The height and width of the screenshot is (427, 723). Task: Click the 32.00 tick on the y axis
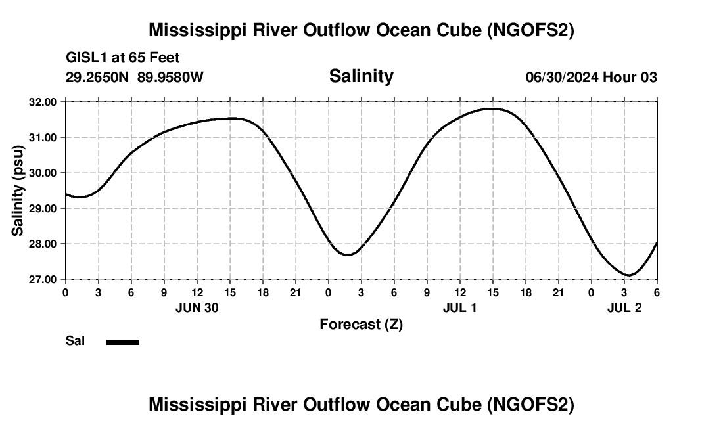tap(43, 102)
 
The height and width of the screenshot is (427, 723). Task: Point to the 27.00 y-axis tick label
tap(43, 279)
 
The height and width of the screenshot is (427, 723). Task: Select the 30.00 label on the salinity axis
tap(43, 173)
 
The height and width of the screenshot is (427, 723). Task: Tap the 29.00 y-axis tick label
tap(43, 208)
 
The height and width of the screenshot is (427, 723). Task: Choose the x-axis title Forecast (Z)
tap(361, 324)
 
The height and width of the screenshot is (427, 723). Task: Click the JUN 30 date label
tap(197, 307)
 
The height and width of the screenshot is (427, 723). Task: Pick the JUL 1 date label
tap(459, 307)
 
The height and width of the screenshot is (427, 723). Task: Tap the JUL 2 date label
tap(624, 307)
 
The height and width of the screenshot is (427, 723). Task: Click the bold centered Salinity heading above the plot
tap(361, 76)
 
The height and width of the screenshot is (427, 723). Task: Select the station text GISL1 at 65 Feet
tap(123, 58)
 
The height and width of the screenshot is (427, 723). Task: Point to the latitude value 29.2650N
tap(98, 77)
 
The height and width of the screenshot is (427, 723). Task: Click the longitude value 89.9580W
tap(170, 77)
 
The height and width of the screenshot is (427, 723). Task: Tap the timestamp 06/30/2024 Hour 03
tap(591, 77)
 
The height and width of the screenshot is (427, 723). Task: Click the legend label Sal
tap(75, 341)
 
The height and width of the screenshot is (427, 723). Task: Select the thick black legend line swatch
tap(122, 342)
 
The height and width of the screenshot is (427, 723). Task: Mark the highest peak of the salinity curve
tap(492, 108)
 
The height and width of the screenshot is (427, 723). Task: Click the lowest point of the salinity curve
tap(629, 275)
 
